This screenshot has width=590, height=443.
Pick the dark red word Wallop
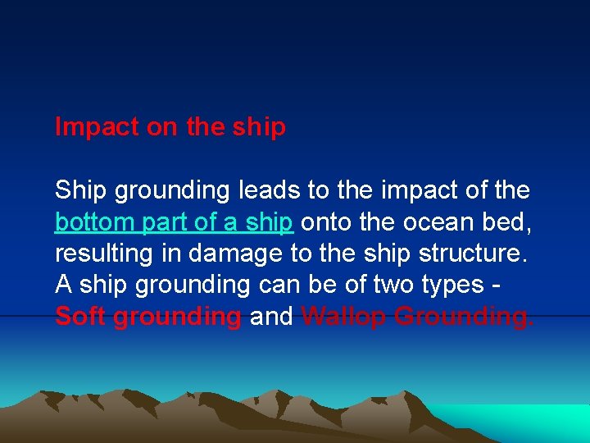tap(344, 317)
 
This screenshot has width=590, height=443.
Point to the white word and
tap(270, 317)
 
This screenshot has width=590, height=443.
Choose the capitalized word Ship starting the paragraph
tap(81, 190)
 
